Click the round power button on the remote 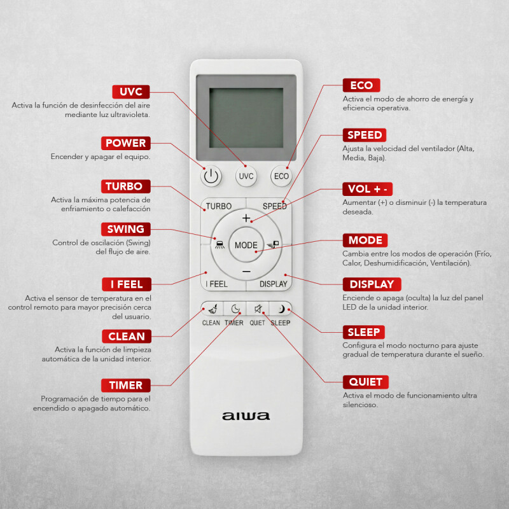(211, 176)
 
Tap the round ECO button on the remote (281, 176)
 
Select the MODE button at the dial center (246, 245)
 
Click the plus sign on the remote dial (246, 218)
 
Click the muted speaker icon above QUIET (258, 309)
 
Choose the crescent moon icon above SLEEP (281, 309)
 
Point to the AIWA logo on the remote (246, 416)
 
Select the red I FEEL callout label (126, 284)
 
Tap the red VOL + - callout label (368, 189)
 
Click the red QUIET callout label (365, 382)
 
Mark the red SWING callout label (126, 229)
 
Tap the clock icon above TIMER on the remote (235, 309)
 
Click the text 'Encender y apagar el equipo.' (101, 157)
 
